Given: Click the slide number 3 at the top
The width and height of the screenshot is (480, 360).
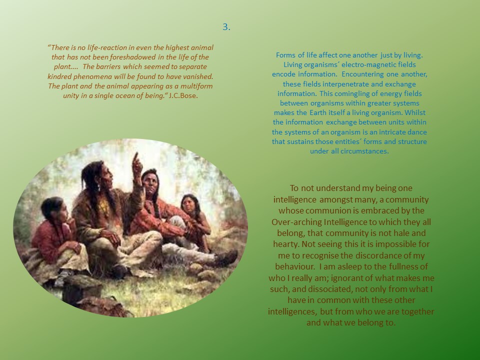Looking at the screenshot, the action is pos(226,27).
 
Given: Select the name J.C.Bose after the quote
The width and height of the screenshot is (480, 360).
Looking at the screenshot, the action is pos(183,95).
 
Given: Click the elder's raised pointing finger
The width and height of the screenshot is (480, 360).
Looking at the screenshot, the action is pos(135,156).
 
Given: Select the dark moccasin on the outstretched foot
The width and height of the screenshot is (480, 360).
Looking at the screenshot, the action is pos(227,257).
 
